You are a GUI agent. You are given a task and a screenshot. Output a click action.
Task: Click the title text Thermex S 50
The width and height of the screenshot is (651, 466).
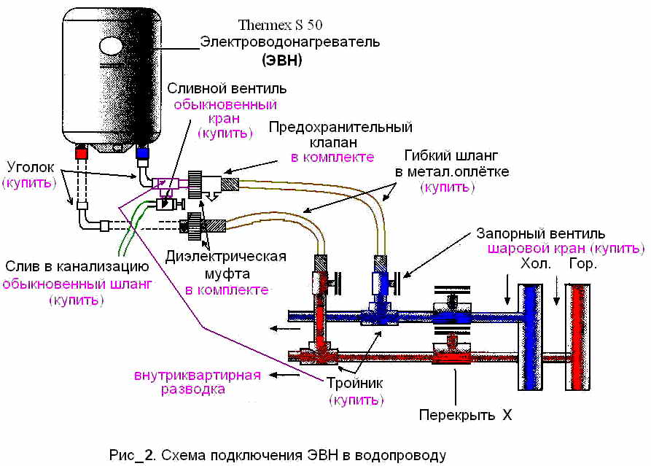(x=280, y=25)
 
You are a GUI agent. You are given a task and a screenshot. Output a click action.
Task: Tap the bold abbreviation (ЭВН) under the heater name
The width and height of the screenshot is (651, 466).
(x=282, y=61)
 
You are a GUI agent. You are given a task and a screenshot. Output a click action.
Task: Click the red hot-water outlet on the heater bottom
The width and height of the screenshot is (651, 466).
(x=82, y=152)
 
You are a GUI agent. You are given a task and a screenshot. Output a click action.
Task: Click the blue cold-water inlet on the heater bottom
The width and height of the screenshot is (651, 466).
(x=142, y=152)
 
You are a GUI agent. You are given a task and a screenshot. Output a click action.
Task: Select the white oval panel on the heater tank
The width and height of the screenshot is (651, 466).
(x=111, y=45)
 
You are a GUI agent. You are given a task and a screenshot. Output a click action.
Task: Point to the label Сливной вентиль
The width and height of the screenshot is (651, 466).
(x=227, y=88)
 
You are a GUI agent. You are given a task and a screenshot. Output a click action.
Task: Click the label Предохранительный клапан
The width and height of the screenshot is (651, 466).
(x=340, y=134)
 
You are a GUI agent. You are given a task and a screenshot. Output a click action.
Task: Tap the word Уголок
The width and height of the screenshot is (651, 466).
(x=31, y=167)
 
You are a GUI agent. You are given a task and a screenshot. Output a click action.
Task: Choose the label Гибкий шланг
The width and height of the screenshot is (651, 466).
(x=451, y=156)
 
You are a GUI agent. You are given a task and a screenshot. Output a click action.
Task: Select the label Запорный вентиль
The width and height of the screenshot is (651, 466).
(x=540, y=233)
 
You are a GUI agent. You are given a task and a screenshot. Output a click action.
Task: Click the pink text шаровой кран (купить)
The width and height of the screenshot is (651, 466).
(x=566, y=249)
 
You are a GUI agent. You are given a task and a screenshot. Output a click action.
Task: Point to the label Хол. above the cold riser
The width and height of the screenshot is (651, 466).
(x=536, y=264)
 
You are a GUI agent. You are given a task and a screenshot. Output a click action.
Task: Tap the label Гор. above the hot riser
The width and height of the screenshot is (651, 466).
(x=582, y=264)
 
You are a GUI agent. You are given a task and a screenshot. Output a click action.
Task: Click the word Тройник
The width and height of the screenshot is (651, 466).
(x=354, y=383)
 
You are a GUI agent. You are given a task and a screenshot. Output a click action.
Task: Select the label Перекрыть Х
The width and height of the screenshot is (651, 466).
(x=465, y=414)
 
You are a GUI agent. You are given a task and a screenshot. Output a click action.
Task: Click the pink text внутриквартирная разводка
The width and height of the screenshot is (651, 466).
(x=198, y=382)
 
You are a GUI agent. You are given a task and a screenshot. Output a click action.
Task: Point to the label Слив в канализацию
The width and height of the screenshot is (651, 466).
(x=77, y=266)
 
